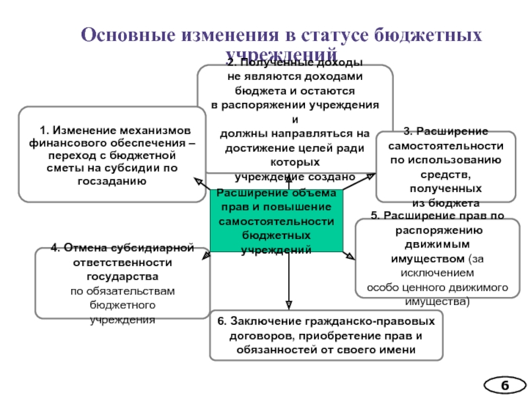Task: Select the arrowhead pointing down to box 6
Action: pyautogui.click(x=288, y=305)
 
